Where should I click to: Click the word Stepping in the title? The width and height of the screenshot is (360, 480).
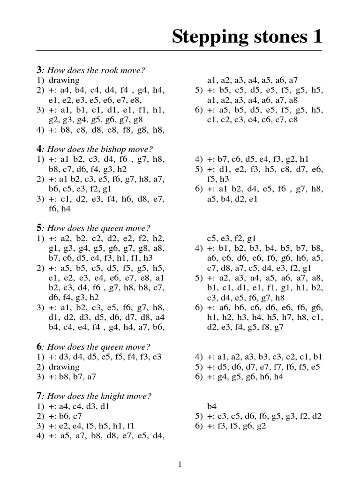(x=205, y=36)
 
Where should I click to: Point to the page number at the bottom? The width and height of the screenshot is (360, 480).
(x=180, y=465)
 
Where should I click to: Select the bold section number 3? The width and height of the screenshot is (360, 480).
(x=39, y=70)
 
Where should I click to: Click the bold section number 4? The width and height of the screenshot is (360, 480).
(x=39, y=149)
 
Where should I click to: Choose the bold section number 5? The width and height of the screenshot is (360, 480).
(x=39, y=228)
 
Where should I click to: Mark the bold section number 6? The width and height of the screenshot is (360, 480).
(x=39, y=347)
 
